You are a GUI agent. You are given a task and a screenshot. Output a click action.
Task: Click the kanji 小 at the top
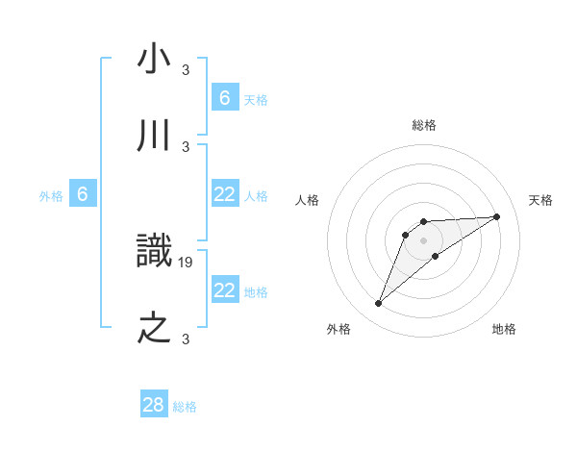(x=154, y=60)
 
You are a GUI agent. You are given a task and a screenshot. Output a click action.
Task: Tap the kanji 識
(x=154, y=252)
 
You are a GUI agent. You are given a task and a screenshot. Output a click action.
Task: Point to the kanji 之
(x=154, y=329)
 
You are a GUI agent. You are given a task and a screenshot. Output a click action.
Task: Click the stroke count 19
(x=187, y=262)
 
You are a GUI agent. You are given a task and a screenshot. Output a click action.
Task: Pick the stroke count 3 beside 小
(x=186, y=69)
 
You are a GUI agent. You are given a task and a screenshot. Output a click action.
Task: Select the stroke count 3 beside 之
(x=186, y=339)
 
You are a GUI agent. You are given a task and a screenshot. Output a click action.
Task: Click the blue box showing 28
(x=154, y=405)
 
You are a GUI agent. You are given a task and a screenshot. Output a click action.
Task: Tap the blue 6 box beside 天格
(x=224, y=97)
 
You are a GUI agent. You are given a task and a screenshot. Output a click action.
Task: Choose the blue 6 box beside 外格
(x=83, y=194)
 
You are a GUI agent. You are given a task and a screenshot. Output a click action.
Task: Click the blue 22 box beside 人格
(x=224, y=194)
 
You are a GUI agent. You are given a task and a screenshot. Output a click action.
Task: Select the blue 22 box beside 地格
(x=224, y=289)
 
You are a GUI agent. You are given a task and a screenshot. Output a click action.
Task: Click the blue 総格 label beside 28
(x=185, y=407)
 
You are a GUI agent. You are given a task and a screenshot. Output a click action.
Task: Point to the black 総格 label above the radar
(x=424, y=125)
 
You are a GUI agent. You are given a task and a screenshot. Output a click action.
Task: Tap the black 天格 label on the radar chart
(x=541, y=200)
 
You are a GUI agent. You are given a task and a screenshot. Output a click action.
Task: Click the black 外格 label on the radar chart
(x=339, y=329)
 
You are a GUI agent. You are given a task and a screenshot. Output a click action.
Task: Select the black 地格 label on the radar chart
(x=504, y=329)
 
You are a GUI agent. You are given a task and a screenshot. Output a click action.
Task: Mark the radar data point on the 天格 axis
(x=496, y=216)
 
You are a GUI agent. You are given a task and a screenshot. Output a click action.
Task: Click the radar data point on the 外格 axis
(x=378, y=304)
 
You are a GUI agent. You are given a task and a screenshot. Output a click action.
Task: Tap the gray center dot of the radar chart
(x=424, y=239)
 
